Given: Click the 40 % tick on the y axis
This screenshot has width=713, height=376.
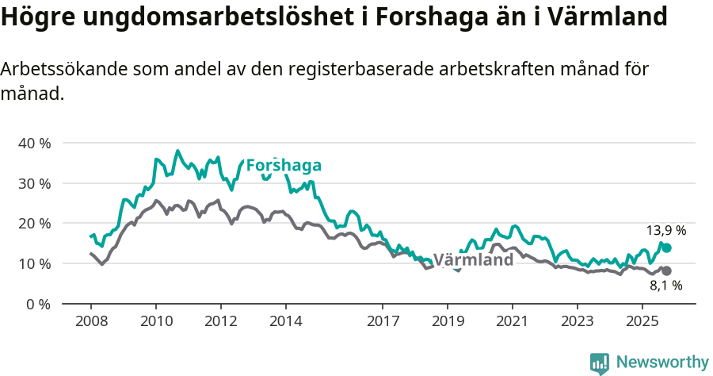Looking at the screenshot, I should [33, 144].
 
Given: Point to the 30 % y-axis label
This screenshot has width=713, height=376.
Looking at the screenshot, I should [33, 183].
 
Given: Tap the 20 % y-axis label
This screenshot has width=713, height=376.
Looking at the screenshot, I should [33, 224].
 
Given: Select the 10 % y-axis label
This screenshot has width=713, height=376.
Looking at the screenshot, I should [33, 263].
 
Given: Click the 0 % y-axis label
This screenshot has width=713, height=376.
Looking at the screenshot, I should [37, 304].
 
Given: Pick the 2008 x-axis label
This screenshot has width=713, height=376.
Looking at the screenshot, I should [90, 321].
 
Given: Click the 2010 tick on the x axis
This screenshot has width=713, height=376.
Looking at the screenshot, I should [155, 321].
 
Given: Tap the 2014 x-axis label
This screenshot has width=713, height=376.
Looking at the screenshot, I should [285, 321].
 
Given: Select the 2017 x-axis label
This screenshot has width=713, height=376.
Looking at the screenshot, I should [383, 321].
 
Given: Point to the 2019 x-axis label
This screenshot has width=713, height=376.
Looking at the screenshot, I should [448, 321].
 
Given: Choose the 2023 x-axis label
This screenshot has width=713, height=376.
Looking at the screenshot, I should [577, 321].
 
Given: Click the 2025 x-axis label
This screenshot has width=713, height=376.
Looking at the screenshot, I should [642, 321].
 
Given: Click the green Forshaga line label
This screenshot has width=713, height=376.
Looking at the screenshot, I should [284, 165].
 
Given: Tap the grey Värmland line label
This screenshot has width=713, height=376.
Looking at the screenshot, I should [473, 260].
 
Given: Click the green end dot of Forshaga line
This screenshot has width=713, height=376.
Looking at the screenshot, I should [666, 248].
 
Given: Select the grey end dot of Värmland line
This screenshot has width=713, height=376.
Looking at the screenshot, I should [666, 271].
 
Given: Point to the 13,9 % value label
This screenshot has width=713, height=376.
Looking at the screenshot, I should [665, 231].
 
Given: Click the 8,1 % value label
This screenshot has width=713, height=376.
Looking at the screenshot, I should [665, 286].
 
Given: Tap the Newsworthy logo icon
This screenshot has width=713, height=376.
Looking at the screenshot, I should [600, 363].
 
